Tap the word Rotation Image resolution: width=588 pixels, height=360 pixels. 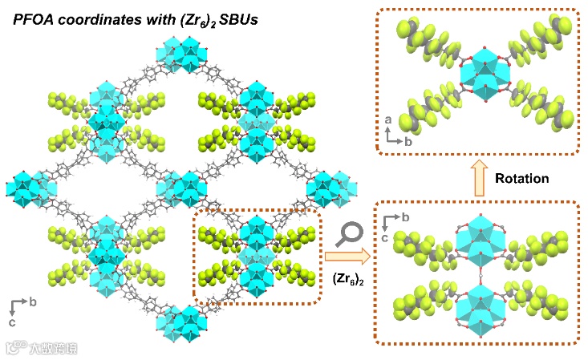(x=522, y=178)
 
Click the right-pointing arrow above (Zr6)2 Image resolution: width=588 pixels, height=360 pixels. (x=346, y=257)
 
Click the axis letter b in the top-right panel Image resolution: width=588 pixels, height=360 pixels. (x=407, y=140)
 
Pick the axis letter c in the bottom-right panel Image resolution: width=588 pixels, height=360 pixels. (x=387, y=237)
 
